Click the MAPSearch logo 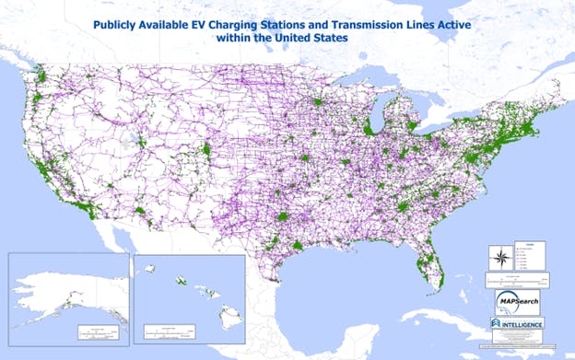[516, 301]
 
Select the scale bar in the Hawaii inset [166, 330]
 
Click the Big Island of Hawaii [229, 319]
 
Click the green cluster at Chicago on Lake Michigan [368, 130]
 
